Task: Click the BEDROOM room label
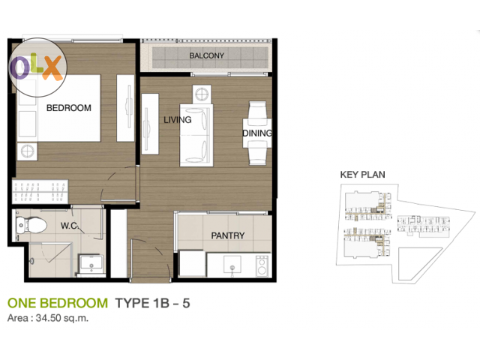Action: click(x=69, y=108)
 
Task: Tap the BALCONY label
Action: click(x=207, y=55)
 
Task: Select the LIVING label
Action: click(x=178, y=120)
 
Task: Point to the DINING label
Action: click(x=257, y=133)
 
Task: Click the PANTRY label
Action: click(x=228, y=235)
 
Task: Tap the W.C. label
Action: click(x=70, y=226)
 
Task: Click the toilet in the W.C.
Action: click(x=31, y=225)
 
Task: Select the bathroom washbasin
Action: click(x=91, y=264)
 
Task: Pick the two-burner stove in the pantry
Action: click(x=262, y=265)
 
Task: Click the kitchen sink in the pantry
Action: click(x=232, y=265)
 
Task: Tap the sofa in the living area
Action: click(x=196, y=135)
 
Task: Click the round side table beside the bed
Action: click(x=27, y=151)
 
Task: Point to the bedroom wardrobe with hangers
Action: click(x=40, y=192)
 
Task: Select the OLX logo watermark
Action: click(x=37, y=67)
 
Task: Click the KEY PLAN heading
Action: click(x=362, y=175)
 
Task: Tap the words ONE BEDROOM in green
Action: click(x=58, y=303)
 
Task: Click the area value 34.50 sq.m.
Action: click(x=62, y=318)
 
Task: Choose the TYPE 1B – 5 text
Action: click(x=152, y=303)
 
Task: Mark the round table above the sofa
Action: click(x=202, y=94)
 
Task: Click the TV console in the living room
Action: click(x=150, y=124)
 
